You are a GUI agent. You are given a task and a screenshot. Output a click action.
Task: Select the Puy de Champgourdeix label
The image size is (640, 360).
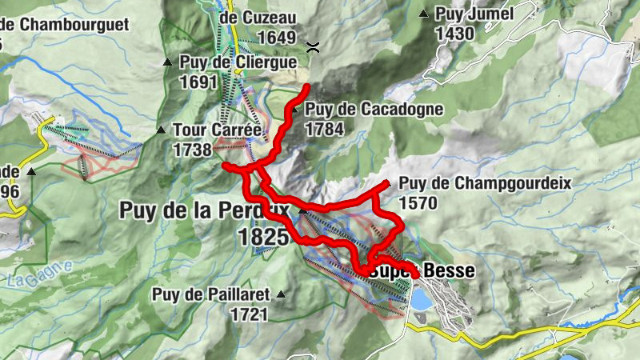[x=485, y=183]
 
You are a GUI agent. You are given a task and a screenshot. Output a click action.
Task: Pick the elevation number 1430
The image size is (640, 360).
[x=454, y=34]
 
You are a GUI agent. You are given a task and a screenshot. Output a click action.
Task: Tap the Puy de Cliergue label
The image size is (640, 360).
[x=238, y=62]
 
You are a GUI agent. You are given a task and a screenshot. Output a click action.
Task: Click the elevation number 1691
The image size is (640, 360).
[x=199, y=82]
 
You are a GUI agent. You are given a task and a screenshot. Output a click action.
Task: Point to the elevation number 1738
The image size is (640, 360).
[x=191, y=149]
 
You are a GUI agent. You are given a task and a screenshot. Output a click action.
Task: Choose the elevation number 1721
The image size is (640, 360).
[x=248, y=314]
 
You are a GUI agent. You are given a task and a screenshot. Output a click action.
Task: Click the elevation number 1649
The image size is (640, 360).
[x=278, y=38]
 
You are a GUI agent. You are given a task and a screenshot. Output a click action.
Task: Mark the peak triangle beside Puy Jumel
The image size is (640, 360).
[x=424, y=14]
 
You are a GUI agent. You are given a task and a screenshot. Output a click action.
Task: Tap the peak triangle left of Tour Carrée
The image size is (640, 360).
[x=161, y=129]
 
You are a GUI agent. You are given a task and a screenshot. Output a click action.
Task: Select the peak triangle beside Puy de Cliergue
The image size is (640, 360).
[x=167, y=62]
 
